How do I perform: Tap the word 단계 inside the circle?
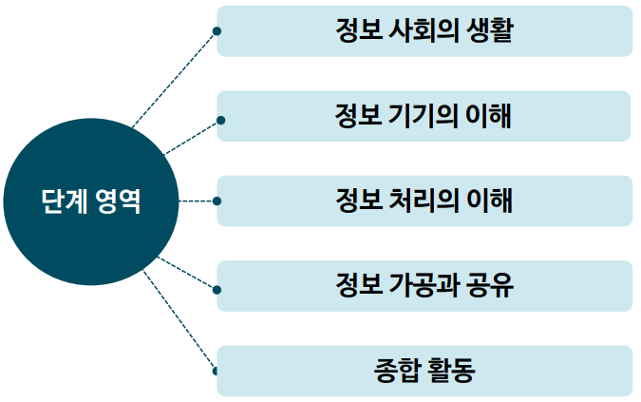tap(63, 201)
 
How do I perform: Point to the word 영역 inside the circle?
tap(118, 201)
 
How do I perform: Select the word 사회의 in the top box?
tap(422, 31)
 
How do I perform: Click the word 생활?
tap(491, 31)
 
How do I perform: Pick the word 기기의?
tap(423, 116)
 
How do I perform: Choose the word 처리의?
tap(423, 201)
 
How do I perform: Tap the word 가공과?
tap(424, 285)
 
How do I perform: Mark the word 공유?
tap(492, 285)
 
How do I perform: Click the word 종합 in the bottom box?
tap(396, 370)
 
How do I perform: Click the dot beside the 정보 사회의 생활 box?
tap(217, 31)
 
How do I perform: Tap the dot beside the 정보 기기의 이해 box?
tap(220, 121)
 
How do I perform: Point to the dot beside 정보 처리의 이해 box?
tap(217, 201)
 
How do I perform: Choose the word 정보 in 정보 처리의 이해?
tap(358, 201)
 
